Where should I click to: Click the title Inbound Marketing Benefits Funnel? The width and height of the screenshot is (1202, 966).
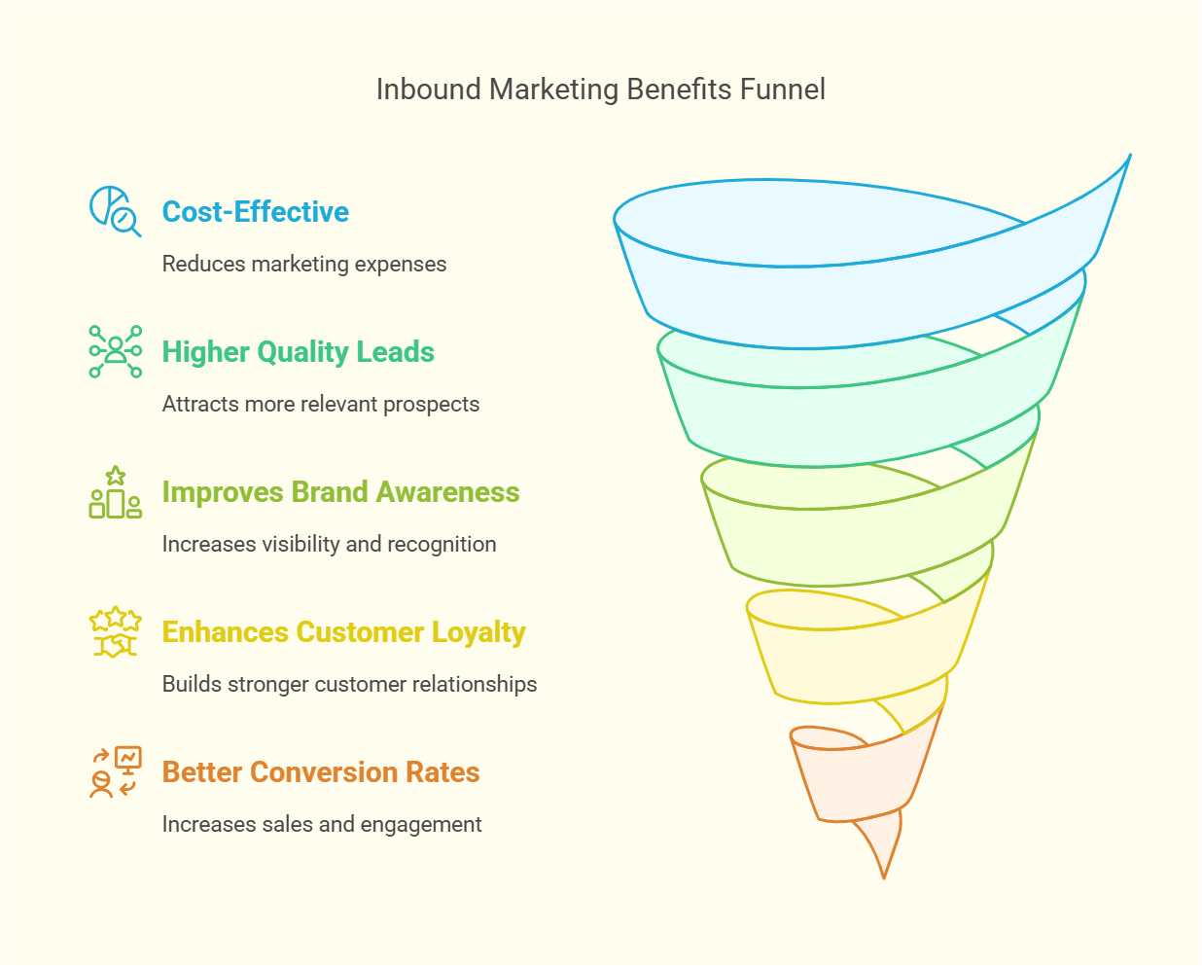pos(600,89)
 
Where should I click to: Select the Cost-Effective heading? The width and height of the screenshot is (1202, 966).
pos(255,212)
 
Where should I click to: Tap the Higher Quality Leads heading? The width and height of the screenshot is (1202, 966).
pos(298,352)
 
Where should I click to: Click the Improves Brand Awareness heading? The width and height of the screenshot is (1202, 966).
pos(340,492)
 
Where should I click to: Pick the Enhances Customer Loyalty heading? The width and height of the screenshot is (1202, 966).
pos(343,632)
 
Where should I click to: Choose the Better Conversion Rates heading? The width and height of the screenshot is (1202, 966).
pos(321,772)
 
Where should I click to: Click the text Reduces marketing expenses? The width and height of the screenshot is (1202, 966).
pos(303,265)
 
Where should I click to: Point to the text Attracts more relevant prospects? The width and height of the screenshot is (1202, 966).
pos(320,405)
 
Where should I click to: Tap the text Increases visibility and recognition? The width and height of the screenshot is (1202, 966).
pos(329,545)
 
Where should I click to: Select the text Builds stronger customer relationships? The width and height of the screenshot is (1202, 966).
pos(349,685)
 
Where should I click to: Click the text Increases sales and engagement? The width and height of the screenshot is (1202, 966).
pos(321,825)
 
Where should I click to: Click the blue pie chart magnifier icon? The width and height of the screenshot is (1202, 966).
pos(115,211)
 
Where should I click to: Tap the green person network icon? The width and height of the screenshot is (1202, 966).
pos(115,351)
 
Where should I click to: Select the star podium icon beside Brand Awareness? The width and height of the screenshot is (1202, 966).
pos(115,491)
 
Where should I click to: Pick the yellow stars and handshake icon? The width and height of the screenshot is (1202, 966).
pos(115,632)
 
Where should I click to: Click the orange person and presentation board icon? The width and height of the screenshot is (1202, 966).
pos(115,771)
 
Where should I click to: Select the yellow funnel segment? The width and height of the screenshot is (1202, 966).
pos(856,662)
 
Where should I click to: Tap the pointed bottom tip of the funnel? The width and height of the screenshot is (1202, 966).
pos(883,871)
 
